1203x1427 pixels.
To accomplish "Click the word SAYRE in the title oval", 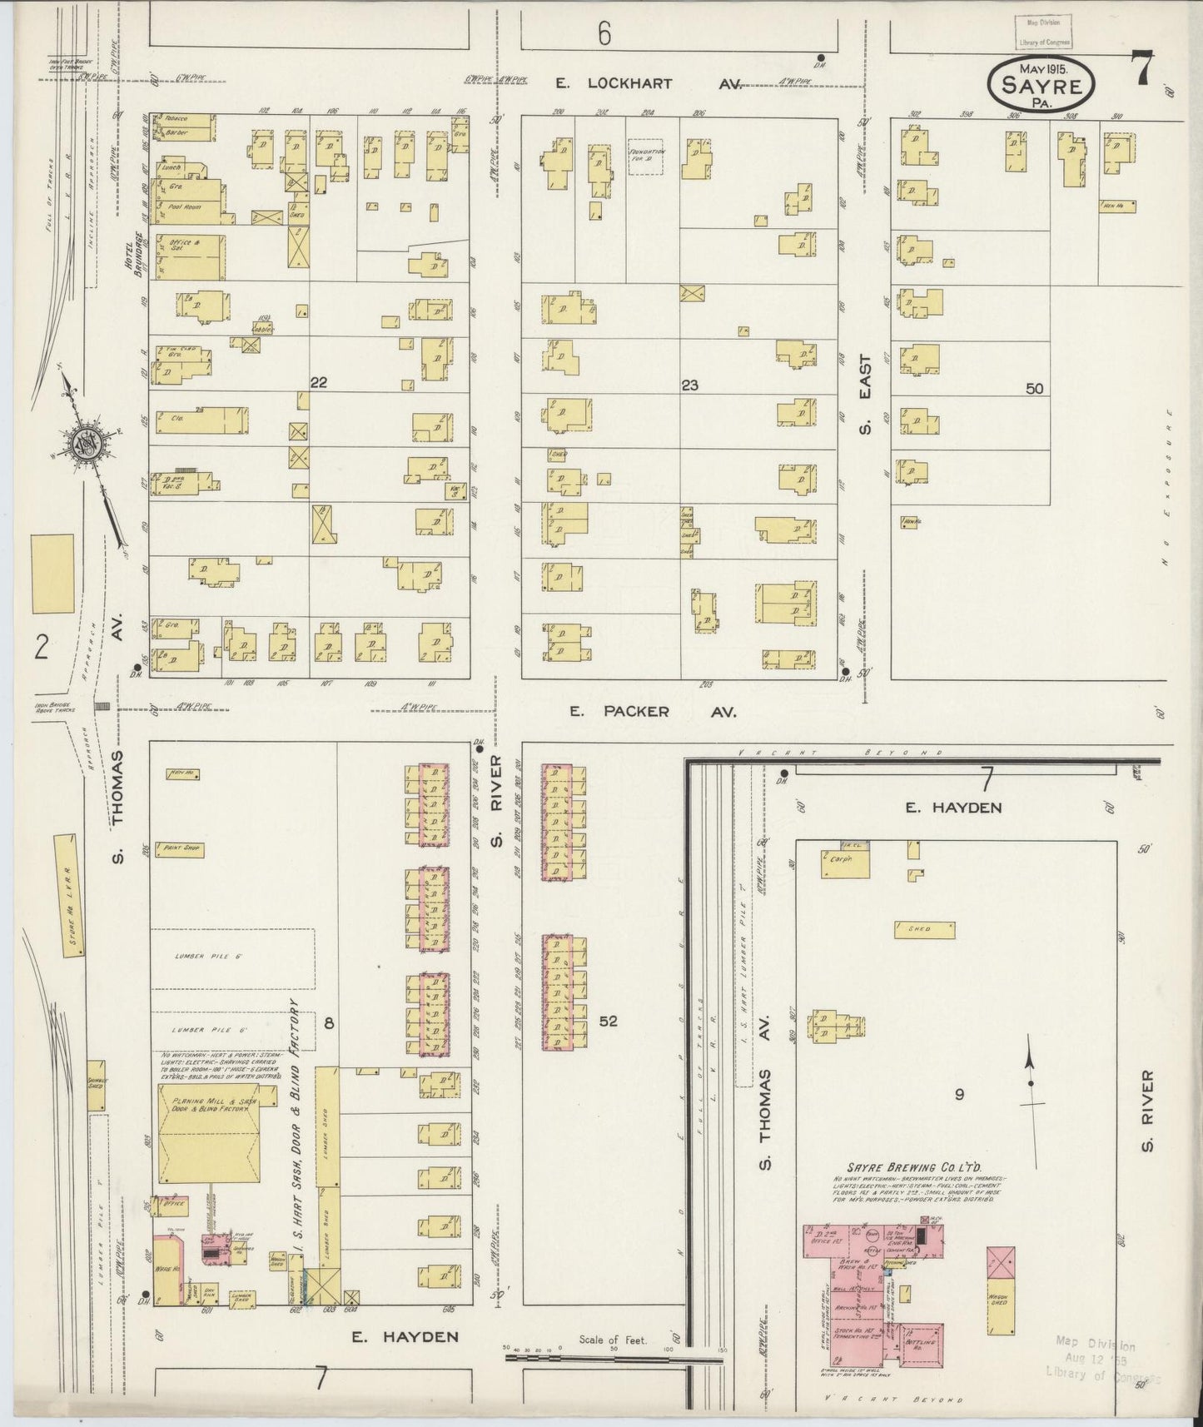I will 1041,86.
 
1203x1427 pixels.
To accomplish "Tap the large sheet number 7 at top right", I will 1141,68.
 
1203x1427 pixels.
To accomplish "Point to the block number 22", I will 318,383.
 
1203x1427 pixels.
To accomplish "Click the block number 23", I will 688,385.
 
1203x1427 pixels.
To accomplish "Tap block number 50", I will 1034,388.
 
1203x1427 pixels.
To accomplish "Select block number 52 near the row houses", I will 608,1020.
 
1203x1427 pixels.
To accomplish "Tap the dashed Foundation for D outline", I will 645,157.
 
